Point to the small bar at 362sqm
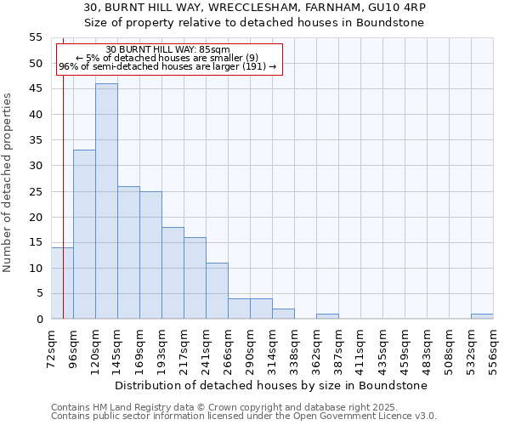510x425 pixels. (327, 316)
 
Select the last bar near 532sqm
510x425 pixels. (482, 316)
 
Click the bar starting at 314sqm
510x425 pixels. (283, 314)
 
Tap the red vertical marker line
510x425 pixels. (63, 170)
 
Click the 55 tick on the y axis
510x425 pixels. (36, 37)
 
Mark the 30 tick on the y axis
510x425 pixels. (36, 166)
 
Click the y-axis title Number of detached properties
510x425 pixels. (8, 182)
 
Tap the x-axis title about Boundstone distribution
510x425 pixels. (271, 385)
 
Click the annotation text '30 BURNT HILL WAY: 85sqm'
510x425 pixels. (167, 50)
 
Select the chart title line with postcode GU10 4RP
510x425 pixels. (255, 7)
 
